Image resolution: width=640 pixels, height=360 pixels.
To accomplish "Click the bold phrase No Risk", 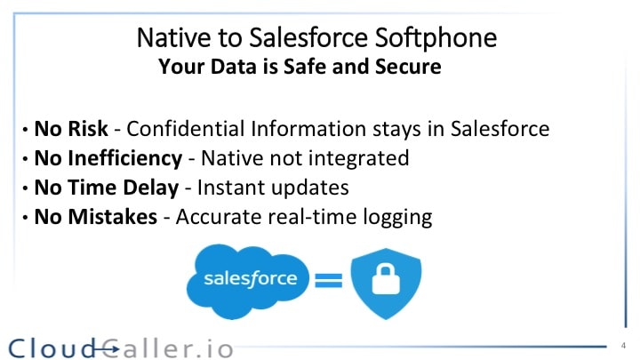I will (71, 128).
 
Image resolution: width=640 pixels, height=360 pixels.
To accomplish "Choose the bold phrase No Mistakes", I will (95, 218).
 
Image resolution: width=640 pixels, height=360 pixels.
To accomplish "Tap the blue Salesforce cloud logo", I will (250, 279).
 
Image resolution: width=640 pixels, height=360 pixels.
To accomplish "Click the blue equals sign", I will (329, 282).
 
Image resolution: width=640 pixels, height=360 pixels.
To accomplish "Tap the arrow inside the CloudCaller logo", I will (106, 348).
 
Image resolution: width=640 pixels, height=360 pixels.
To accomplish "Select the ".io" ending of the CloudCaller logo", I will (215, 348).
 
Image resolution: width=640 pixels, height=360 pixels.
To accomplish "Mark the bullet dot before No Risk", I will (25, 130).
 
